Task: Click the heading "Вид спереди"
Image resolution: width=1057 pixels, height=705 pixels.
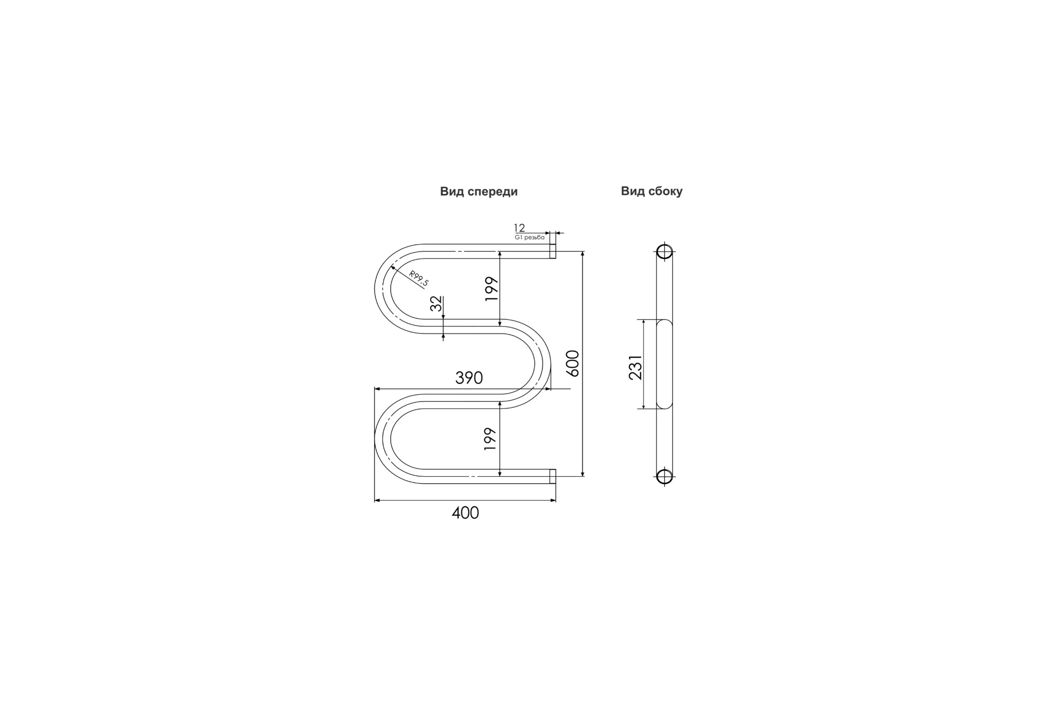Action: [x=479, y=192]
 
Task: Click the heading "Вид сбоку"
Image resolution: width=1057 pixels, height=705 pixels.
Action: [x=652, y=191]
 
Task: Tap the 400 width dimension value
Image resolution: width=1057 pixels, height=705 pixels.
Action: [x=466, y=513]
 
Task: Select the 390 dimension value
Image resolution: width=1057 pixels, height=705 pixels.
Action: [x=469, y=378]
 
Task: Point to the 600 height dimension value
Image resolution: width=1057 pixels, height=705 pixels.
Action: [x=573, y=363]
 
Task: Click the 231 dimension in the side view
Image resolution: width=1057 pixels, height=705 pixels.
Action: [x=636, y=367]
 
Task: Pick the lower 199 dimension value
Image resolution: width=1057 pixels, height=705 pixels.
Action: [x=490, y=439]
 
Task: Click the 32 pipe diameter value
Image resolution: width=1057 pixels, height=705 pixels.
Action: [x=436, y=304]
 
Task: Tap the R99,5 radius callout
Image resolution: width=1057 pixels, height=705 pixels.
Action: [x=419, y=278]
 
